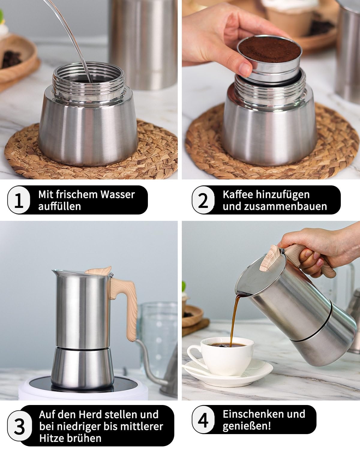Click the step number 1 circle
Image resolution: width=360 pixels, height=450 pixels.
click(19, 200)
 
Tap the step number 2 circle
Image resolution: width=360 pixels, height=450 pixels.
click(203, 200)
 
